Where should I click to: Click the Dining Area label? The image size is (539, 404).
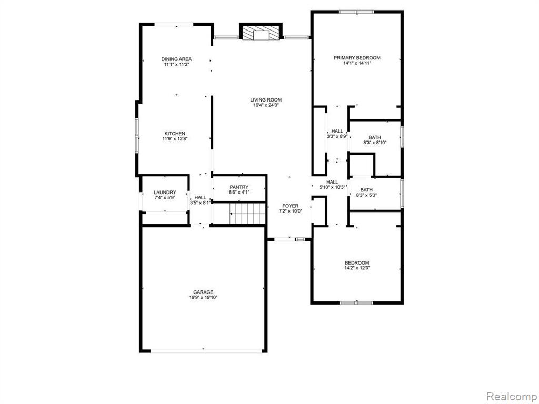(177, 59)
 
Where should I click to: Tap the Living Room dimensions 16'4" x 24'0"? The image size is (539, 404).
(266, 105)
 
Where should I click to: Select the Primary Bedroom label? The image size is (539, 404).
(357, 58)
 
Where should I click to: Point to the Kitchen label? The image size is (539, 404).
(175, 133)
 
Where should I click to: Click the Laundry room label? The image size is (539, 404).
(165, 193)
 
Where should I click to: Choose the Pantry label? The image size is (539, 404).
(239, 187)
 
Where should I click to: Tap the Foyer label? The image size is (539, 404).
(290, 206)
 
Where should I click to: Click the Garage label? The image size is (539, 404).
(203, 292)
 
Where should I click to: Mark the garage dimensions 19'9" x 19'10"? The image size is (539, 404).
(203, 298)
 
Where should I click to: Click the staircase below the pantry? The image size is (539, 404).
(247, 214)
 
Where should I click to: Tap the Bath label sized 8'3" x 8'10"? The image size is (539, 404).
(375, 137)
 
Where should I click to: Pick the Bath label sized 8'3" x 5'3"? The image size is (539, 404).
(366, 190)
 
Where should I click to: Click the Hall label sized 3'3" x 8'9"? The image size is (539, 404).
(337, 131)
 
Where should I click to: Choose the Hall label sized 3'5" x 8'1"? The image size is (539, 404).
(200, 198)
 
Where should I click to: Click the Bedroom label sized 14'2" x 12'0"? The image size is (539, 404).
(357, 263)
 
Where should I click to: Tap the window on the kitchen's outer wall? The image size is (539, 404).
(136, 135)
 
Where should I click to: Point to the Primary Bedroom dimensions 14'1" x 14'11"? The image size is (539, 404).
(357, 63)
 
